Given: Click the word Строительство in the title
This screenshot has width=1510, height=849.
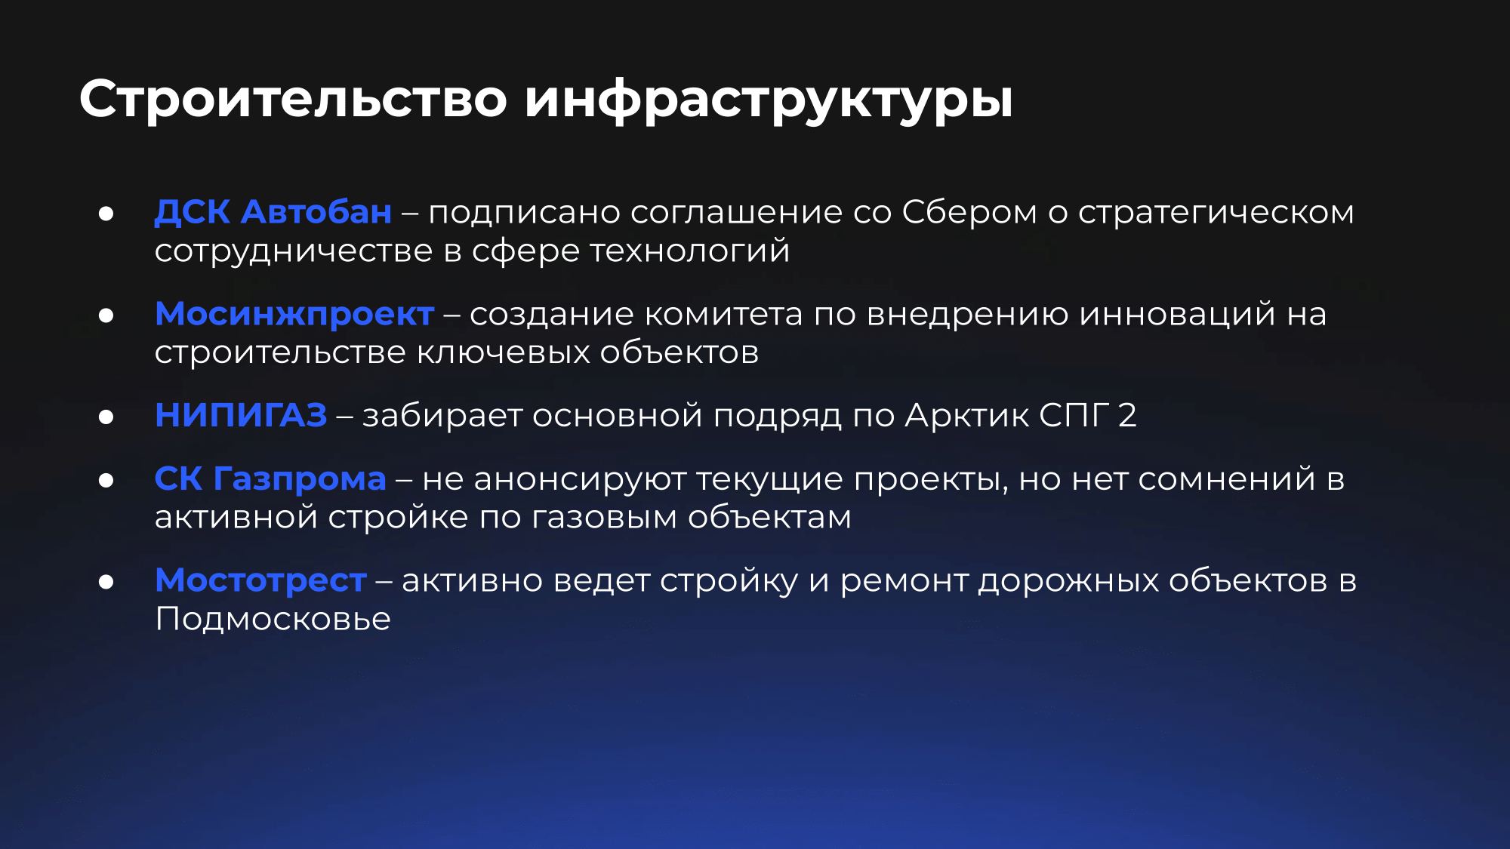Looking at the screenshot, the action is coord(294,98).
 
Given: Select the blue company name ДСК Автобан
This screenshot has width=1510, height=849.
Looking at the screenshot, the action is coord(273,212).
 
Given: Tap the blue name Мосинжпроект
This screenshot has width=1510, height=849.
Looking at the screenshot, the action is coord(294,315).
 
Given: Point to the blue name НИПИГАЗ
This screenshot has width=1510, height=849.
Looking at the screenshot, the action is coord(241,415).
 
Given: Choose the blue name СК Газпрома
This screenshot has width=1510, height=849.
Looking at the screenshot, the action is coord(270,479).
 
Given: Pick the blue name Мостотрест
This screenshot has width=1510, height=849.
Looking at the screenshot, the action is coord(260,580).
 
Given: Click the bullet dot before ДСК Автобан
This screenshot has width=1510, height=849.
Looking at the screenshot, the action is coord(106,214).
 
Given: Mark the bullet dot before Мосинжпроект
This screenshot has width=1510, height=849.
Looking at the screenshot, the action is coord(106,315).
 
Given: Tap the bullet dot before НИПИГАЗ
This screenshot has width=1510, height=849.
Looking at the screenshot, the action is coord(106,417).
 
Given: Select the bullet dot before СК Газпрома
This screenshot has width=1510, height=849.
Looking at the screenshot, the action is coord(106,480).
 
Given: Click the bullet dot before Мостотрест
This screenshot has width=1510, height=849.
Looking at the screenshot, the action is coord(106,582).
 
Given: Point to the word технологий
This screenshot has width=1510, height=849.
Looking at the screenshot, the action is coord(689,251).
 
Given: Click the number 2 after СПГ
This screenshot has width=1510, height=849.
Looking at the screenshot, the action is coord(1127,416).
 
